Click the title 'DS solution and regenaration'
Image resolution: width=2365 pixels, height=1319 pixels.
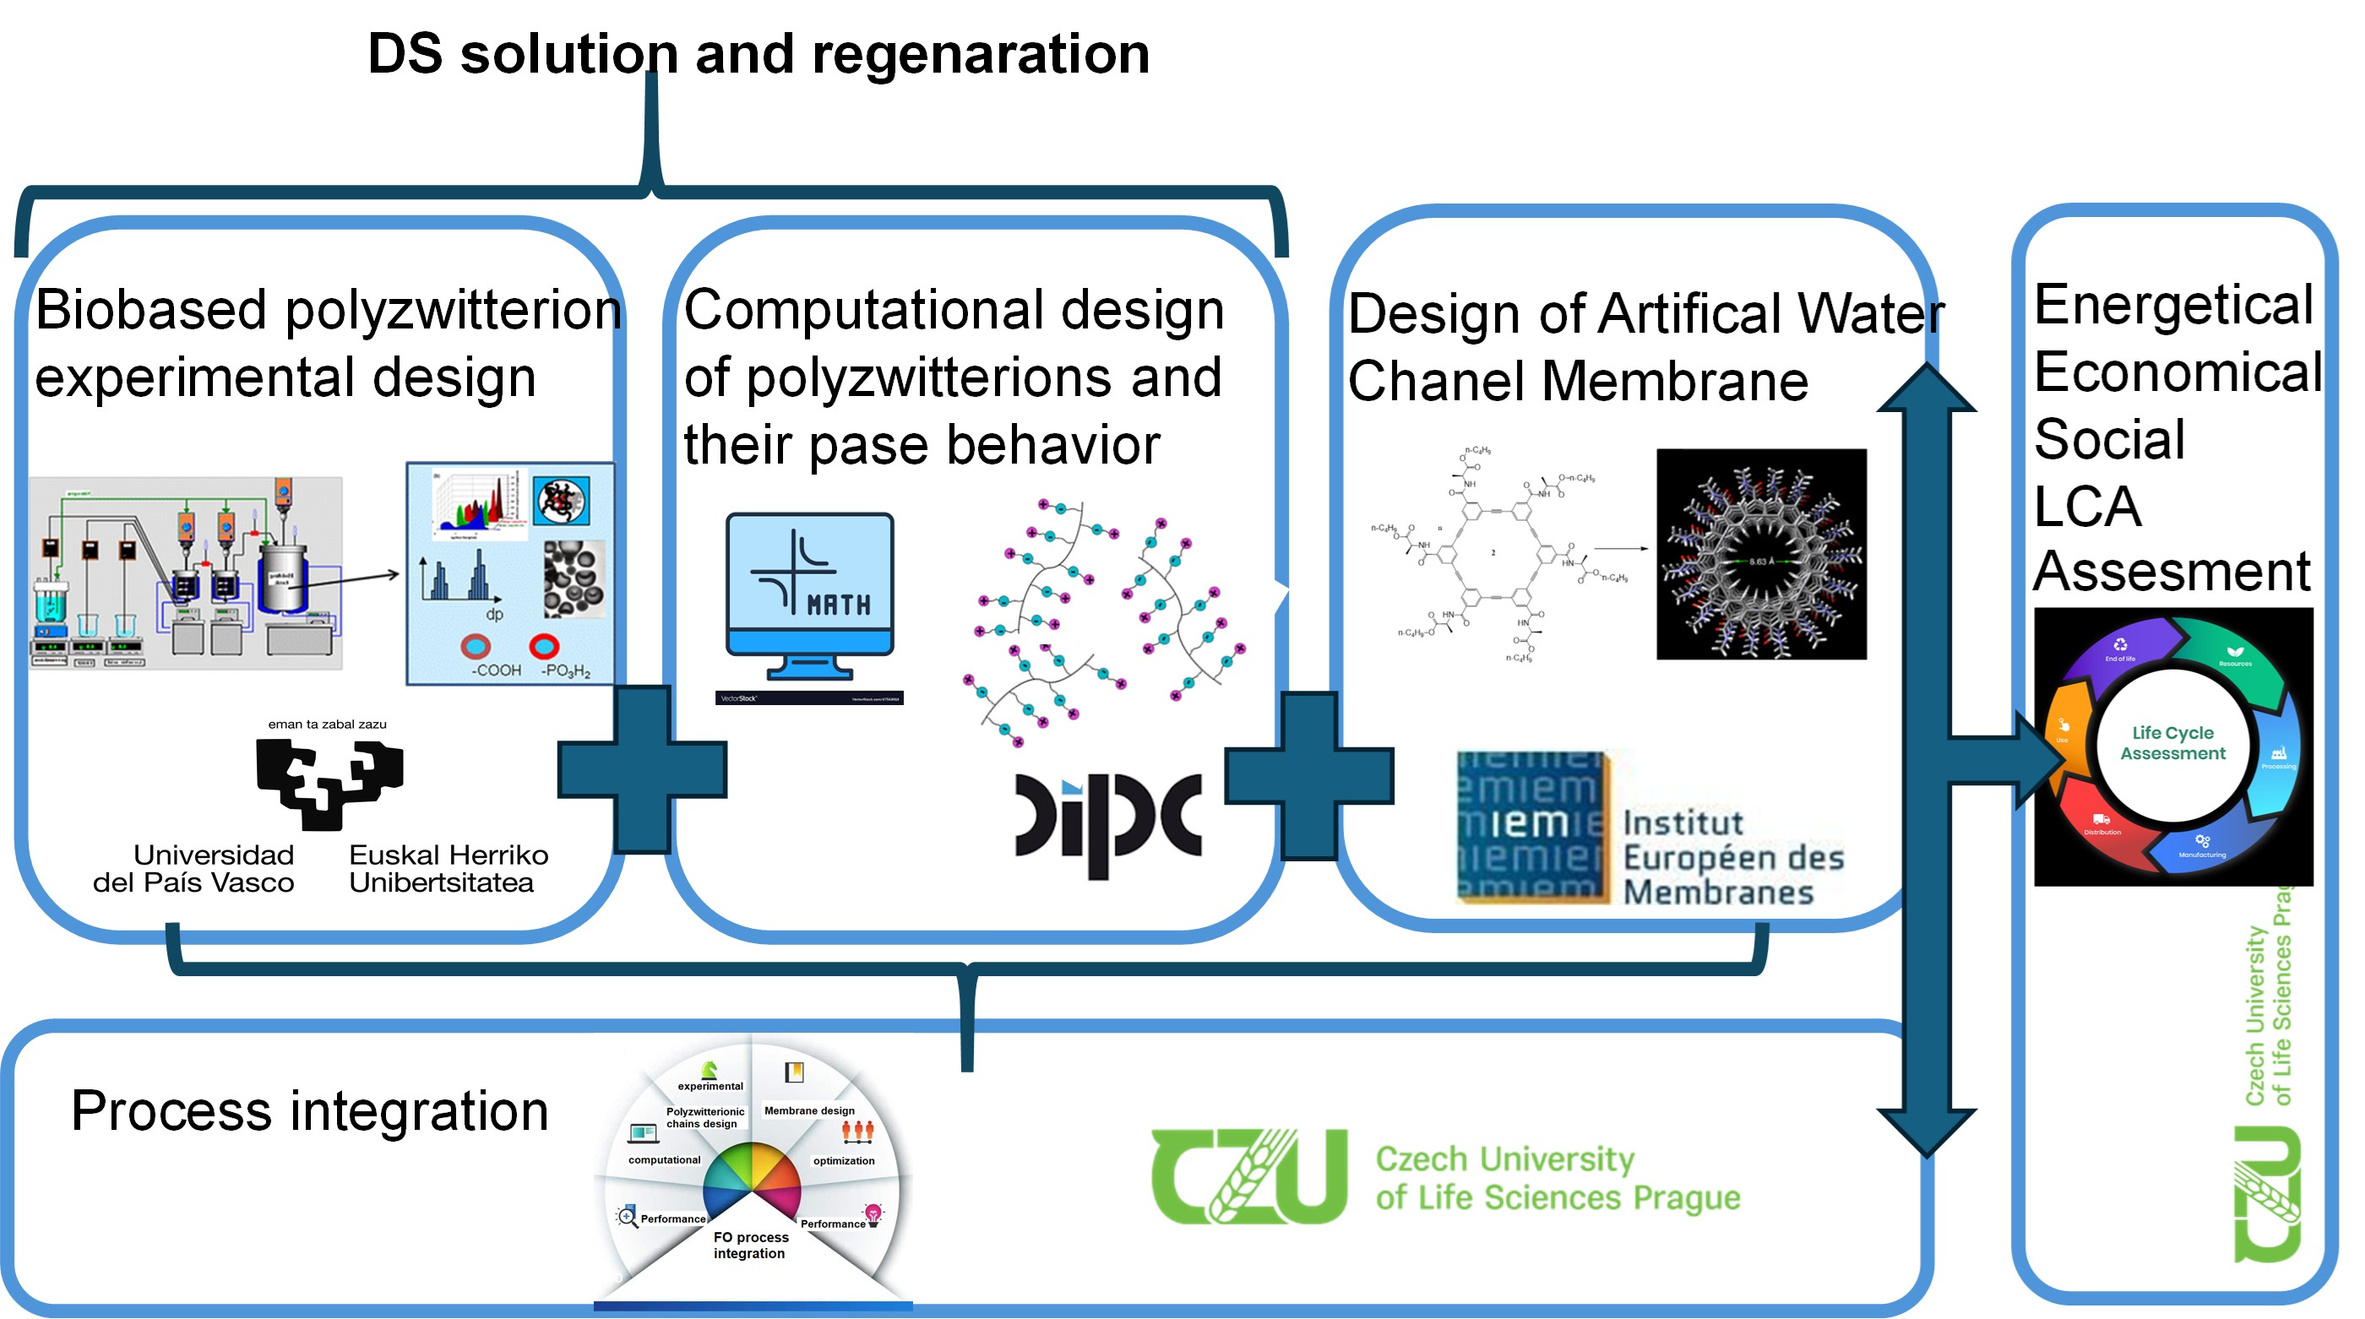(x=758, y=53)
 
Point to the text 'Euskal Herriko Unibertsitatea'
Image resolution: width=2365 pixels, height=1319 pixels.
(x=448, y=868)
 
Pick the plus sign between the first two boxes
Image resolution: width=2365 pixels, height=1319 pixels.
(x=642, y=769)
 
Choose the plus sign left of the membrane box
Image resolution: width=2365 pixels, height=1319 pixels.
(x=1309, y=776)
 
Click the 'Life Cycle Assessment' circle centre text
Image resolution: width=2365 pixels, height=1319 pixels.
(x=2172, y=742)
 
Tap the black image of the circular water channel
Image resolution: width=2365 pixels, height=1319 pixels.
(x=1761, y=555)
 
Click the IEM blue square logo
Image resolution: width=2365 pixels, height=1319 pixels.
(x=1531, y=827)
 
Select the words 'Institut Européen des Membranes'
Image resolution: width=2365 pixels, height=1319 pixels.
(x=1732, y=857)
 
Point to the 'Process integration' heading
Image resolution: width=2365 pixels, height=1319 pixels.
(x=309, y=1110)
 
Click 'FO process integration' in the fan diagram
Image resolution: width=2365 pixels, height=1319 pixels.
(x=751, y=1245)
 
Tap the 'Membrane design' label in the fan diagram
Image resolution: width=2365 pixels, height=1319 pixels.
(x=809, y=1110)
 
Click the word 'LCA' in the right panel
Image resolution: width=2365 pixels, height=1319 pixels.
(x=2087, y=506)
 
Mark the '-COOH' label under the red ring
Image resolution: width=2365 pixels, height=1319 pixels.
(x=496, y=670)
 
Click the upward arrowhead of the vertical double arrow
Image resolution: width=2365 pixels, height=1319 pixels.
(x=1926, y=390)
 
